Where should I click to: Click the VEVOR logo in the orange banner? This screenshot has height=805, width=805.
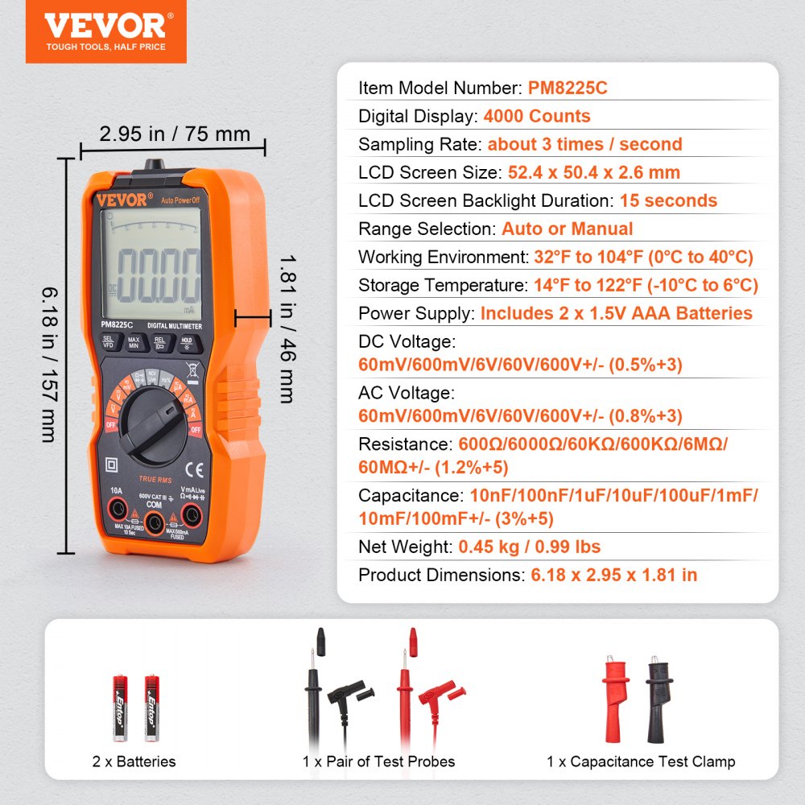tap(105, 26)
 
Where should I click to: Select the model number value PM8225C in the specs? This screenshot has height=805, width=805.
tap(568, 89)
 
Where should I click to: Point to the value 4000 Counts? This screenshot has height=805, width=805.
tap(537, 116)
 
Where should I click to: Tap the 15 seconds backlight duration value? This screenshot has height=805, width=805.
tap(668, 200)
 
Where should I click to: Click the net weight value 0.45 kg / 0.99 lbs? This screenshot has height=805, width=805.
tap(530, 547)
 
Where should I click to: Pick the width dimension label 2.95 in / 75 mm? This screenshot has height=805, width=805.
tap(175, 134)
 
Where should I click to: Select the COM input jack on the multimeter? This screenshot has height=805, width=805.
tap(155, 524)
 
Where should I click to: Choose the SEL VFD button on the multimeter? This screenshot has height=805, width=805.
tap(109, 341)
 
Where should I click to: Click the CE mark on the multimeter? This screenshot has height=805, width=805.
tap(194, 468)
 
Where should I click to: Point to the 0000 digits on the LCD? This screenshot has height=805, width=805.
tap(155, 274)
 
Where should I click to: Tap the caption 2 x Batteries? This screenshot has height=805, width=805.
tap(135, 762)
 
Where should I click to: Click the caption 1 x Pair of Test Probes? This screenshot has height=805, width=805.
tap(379, 762)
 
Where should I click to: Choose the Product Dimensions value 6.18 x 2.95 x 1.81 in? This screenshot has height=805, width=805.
tap(614, 576)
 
